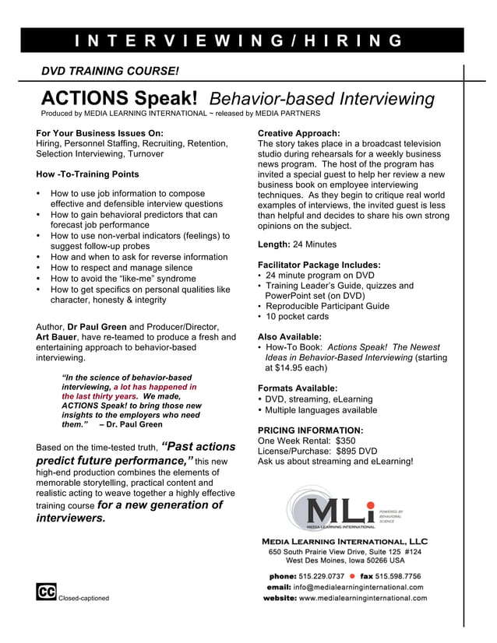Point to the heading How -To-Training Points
pyautogui.click(x=88, y=174)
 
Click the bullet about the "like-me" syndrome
pyautogui.click(x=123, y=278)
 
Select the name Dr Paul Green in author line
pyautogui.click(x=97, y=326)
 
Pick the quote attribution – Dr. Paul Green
pyautogui.click(x=131, y=424)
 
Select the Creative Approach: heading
pyautogui.click(x=298, y=133)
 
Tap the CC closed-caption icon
pyautogui.click(x=46, y=592)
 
